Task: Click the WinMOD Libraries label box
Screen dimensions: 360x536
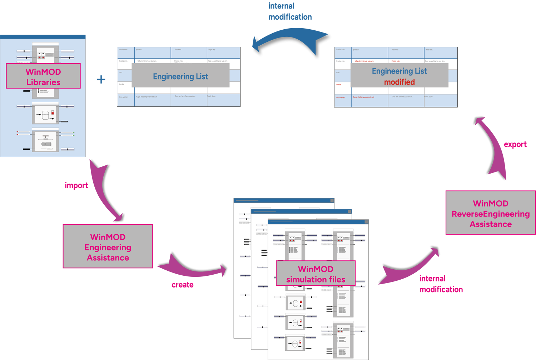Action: (43, 76)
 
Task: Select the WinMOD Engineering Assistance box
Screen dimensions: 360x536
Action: (108, 246)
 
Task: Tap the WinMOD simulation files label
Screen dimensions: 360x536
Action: (316, 274)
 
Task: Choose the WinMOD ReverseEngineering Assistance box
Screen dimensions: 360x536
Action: (490, 213)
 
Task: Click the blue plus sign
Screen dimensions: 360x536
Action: (101, 79)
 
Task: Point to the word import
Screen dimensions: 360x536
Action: (76, 185)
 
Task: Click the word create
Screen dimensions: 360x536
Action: (182, 285)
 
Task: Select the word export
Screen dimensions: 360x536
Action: (515, 144)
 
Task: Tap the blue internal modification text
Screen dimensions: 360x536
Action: (289, 12)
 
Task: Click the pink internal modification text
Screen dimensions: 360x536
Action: (440, 284)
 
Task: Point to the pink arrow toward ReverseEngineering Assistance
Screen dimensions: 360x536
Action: (411, 268)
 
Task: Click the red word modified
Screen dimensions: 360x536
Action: (399, 82)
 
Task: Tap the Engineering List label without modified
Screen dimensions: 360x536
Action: (180, 76)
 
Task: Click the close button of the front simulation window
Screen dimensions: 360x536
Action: (366, 222)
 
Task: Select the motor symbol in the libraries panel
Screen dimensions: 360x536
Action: (46, 144)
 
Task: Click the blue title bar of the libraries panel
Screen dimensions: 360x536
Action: (43, 37)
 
